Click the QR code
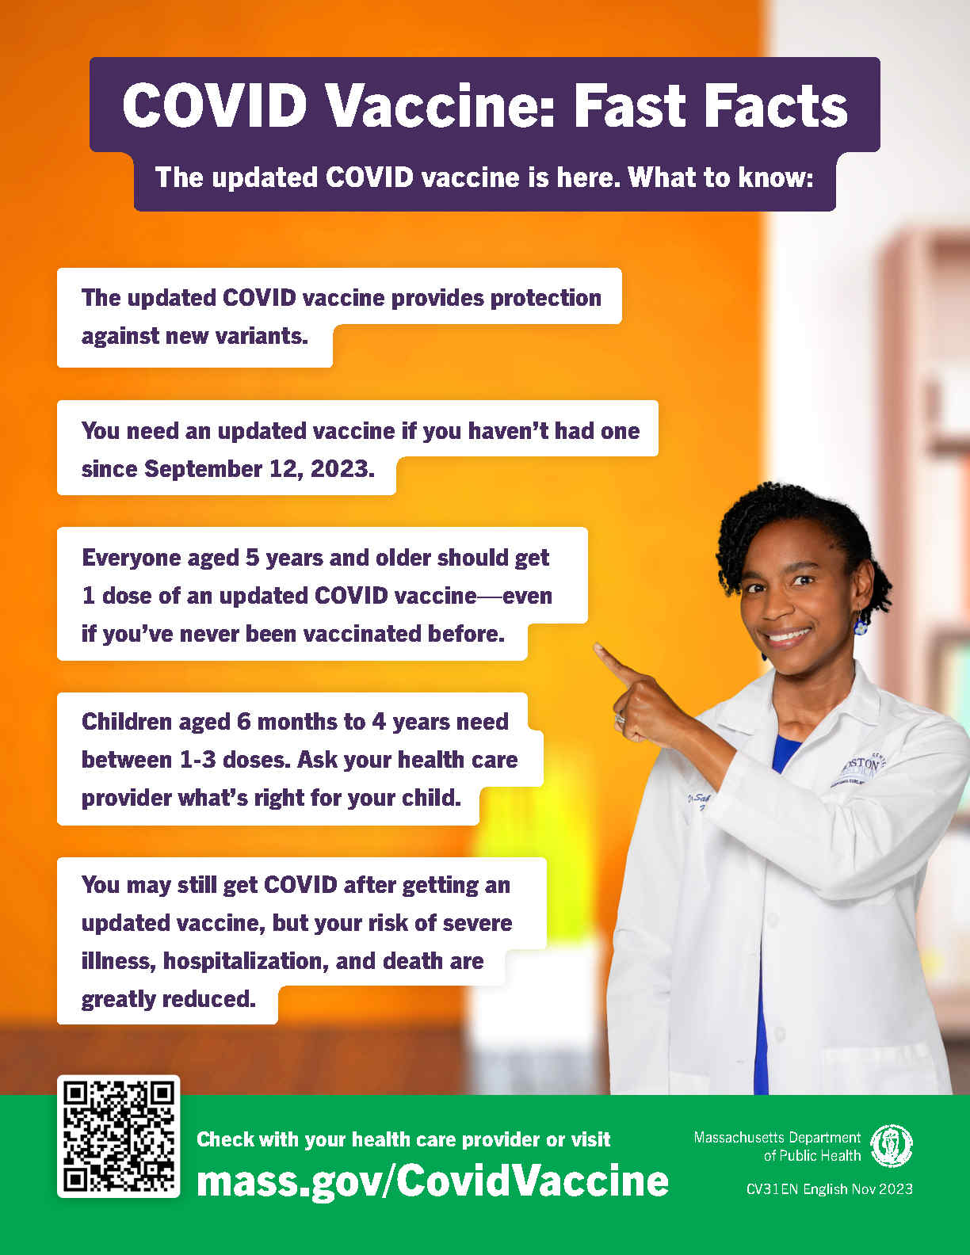pyautogui.click(x=119, y=1136)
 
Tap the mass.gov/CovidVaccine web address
pyautogui.click(x=432, y=1181)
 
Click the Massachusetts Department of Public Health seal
pyautogui.click(x=892, y=1146)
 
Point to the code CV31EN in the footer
pyautogui.click(x=772, y=1189)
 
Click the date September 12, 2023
pyautogui.click(x=259, y=469)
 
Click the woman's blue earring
pyautogui.click(x=860, y=626)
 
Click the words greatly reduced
pyautogui.click(x=168, y=999)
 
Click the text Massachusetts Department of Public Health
pyautogui.click(x=777, y=1146)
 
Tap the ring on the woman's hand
pyautogui.click(x=621, y=718)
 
